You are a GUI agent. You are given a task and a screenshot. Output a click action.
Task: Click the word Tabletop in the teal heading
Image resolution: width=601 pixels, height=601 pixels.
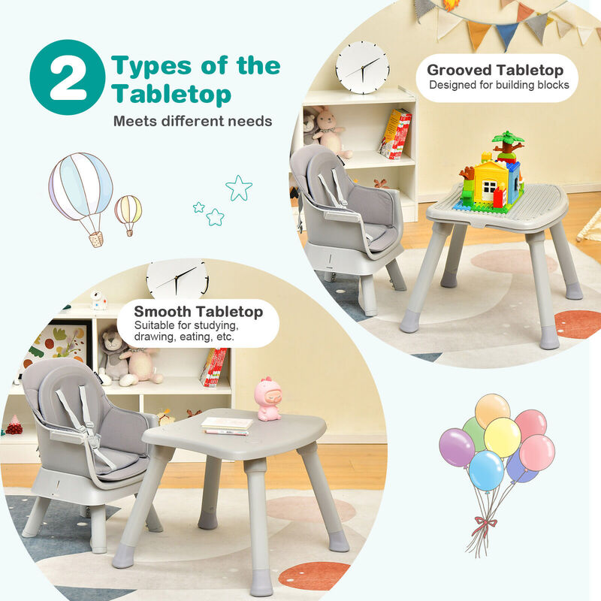(x=171, y=95)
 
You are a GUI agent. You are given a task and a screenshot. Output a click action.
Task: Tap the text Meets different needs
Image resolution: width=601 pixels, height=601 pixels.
(x=192, y=121)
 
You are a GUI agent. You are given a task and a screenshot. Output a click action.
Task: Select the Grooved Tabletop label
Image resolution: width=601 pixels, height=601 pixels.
(x=495, y=71)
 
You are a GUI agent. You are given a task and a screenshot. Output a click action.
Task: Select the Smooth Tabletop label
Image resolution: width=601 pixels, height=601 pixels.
(x=198, y=311)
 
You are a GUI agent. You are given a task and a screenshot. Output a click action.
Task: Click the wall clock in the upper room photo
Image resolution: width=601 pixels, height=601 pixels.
(x=362, y=68)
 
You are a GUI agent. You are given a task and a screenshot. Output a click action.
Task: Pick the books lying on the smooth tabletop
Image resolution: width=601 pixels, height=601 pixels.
(x=226, y=426)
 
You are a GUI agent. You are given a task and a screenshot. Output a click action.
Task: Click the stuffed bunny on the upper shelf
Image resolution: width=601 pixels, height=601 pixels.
(x=328, y=132)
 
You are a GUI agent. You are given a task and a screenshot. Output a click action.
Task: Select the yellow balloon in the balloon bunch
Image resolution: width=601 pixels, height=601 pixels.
(x=502, y=437)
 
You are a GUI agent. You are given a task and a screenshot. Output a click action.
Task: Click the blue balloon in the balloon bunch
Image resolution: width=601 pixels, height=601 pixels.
(x=486, y=470)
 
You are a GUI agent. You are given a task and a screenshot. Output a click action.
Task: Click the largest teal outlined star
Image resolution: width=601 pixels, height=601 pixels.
(x=239, y=188)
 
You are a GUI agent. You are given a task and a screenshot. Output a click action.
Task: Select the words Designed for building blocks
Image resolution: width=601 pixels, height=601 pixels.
(x=499, y=86)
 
